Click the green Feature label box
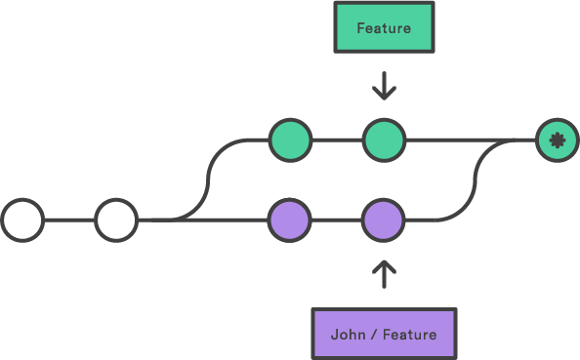[x=384, y=27]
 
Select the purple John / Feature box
[x=384, y=334]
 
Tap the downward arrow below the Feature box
[x=384, y=86]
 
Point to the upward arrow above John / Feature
[x=384, y=274]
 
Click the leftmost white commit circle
[x=22, y=220]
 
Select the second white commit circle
[x=116, y=220]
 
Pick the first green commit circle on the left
[x=290, y=140]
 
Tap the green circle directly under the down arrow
[x=384, y=140]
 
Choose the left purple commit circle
[x=290, y=220]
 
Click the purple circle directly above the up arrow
[x=384, y=220]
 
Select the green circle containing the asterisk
[x=557, y=140]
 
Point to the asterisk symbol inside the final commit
[x=557, y=140]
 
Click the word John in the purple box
[x=348, y=335]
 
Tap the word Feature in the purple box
[x=409, y=335]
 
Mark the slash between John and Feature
[x=374, y=335]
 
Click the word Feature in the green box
[x=384, y=28]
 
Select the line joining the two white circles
[x=69, y=220]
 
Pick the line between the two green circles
[x=337, y=140]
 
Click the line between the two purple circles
[x=337, y=220]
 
